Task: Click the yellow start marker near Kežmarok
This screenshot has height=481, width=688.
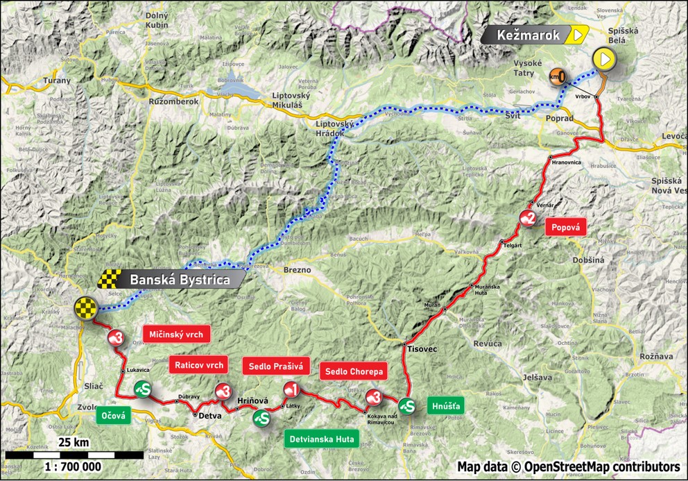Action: (x=605, y=60)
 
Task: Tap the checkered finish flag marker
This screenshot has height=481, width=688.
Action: (x=85, y=307)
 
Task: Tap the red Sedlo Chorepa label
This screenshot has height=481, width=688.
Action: (x=352, y=371)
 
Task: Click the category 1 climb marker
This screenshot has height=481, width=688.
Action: (x=291, y=389)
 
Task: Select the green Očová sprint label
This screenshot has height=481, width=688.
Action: (x=113, y=415)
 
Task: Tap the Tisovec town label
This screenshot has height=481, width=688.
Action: (x=422, y=349)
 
